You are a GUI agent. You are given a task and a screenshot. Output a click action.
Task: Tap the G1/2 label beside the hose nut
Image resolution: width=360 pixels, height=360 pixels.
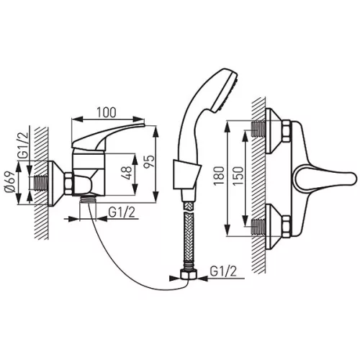(x=223, y=271)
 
